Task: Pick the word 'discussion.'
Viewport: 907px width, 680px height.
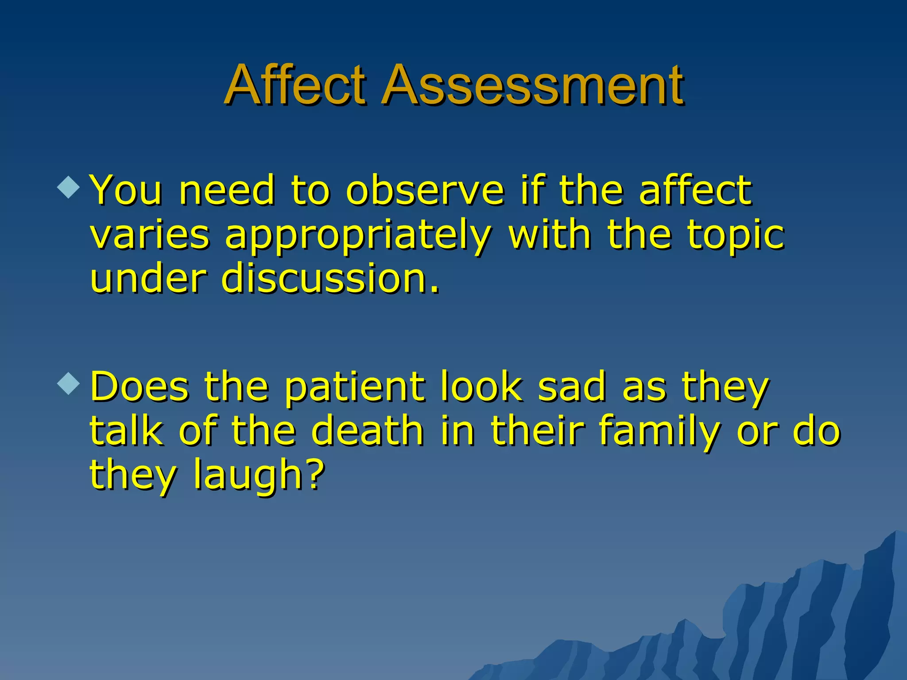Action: click(330, 279)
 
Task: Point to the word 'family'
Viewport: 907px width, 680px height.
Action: click(659, 432)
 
